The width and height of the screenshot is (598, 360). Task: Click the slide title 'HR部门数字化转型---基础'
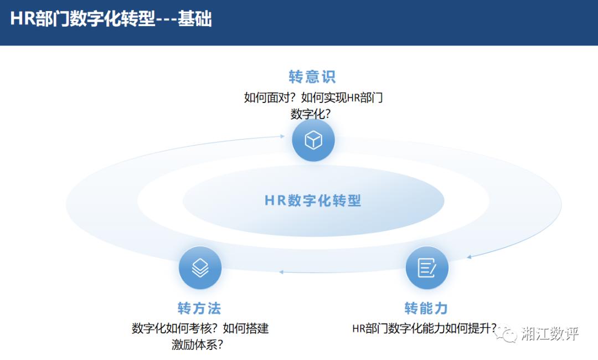point(111,18)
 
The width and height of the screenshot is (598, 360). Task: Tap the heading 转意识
point(312,76)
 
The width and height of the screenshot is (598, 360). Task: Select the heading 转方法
point(199,308)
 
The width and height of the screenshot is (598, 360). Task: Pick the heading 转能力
point(426,308)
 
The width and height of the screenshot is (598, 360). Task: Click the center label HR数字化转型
point(313,200)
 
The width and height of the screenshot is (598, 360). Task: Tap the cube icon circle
point(313,140)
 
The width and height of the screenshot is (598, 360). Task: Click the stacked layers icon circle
point(200,268)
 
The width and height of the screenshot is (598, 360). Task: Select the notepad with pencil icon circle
point(427,268)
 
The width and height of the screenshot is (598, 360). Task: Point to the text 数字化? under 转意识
point(311,114)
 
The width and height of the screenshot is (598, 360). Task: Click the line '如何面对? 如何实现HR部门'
point(313,97)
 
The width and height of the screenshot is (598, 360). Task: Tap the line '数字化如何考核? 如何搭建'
point(200,328)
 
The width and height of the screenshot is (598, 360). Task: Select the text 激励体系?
point(197,344)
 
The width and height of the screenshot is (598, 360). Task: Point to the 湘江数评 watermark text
point(550,333)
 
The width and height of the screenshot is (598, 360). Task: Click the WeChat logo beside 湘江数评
point(507,333)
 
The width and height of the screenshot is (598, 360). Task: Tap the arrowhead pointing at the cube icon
point(282,136)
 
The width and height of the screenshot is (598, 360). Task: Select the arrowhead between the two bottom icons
point(281,272)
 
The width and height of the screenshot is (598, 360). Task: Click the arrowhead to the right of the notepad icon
point(469,257)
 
